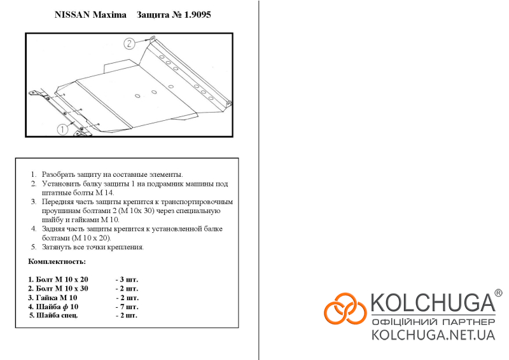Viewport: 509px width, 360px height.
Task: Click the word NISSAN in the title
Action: [x=72, y=15]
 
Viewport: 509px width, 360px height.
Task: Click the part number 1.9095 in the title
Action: [x=197, y=15]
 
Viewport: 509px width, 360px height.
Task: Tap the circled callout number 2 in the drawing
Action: [x=129, y=43]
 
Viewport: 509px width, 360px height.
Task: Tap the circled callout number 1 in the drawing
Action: [x=62, y=130]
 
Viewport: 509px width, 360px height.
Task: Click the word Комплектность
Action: [x=57, y=261]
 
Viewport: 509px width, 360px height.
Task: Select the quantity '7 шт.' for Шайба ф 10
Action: [x=127, y=307]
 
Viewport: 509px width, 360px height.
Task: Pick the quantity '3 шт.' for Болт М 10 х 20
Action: [x=127, y=279]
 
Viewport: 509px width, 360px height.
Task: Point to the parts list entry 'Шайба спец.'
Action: [x=53, y=315]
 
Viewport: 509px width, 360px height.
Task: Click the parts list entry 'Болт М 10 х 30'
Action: [x=58, y=289]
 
